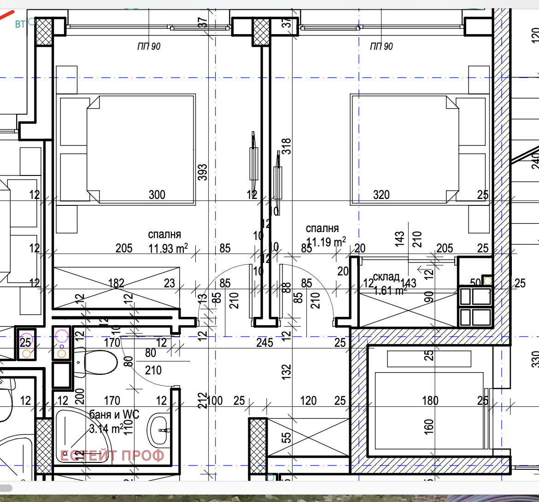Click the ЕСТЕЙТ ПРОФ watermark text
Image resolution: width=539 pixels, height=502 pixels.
[112, 455]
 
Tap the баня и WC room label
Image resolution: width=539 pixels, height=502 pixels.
[114, 414]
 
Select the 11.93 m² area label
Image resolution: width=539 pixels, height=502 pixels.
[168, 249]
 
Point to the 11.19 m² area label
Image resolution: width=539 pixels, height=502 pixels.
[326, 242]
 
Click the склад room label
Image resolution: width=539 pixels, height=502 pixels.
[386, 277]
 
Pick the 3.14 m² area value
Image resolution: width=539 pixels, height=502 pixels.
[106, 429]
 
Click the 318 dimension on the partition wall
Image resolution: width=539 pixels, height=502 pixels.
[286, 146]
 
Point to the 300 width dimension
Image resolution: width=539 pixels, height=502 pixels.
[157, 195]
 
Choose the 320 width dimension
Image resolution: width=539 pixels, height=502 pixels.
[381, 195]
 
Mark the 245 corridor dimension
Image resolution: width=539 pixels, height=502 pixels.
[264, 343]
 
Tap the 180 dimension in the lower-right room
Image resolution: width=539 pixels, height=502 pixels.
[430, 401]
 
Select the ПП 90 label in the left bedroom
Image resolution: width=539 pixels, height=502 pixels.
[149, 47]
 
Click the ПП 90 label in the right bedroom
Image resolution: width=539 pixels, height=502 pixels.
[381, 47]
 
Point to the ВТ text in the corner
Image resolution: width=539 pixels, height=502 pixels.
[20, 24]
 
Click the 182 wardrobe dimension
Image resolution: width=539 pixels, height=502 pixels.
[116, 283]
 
